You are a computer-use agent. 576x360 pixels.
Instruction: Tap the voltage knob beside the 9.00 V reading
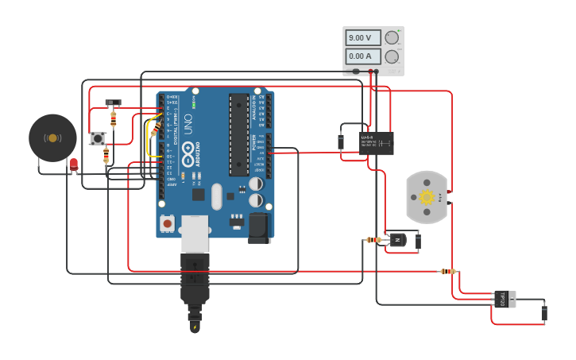392,37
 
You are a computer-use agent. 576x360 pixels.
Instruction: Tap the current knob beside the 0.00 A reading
392,56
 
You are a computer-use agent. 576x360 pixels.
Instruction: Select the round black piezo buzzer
52,137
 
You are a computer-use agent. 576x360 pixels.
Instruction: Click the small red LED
74,164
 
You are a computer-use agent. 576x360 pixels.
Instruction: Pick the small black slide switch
114,103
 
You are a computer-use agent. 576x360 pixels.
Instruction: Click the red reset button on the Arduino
168,223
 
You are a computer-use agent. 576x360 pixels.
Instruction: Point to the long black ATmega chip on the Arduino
238,134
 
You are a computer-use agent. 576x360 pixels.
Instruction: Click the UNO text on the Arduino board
188,124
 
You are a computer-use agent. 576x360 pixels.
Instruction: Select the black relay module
377,143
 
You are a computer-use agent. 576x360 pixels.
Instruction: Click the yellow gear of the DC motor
427,197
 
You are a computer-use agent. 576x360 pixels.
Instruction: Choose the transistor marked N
396,240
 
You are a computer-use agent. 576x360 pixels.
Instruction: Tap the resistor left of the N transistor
373,240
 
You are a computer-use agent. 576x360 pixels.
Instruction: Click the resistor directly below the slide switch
114,119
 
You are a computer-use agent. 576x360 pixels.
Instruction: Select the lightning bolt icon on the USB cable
195,327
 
